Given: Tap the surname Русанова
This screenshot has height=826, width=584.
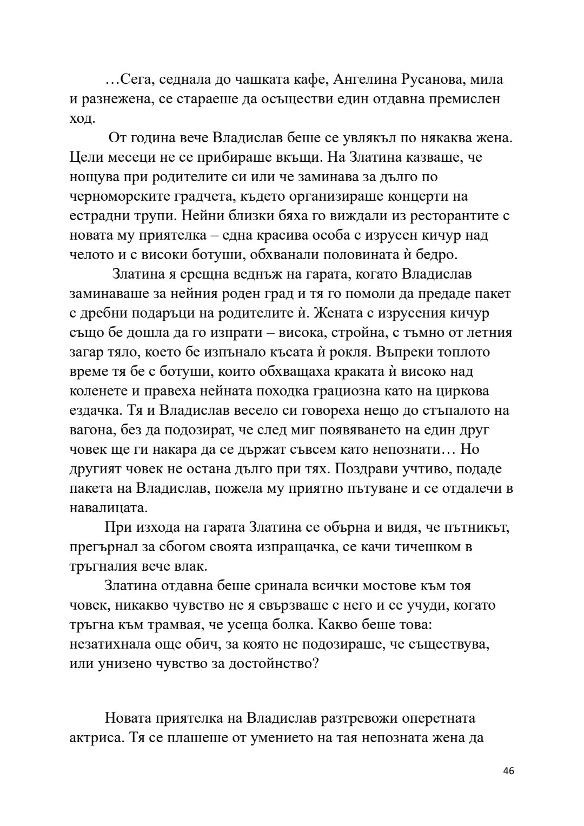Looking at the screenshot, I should click(433, 80).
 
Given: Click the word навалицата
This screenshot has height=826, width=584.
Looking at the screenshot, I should click(109, 508).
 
